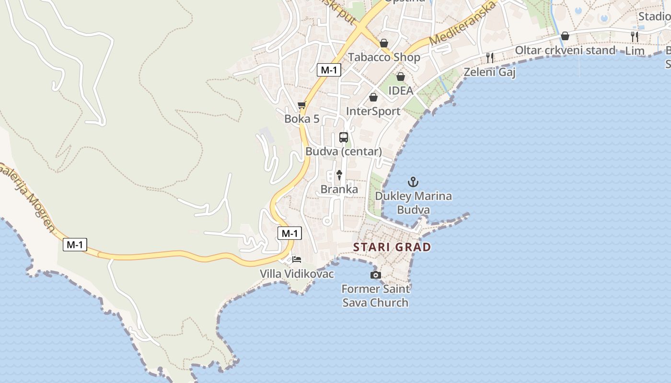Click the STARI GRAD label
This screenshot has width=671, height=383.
point(392,247)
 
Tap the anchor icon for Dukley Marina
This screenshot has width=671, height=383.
point(413,182)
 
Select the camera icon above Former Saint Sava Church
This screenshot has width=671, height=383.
point(376,275)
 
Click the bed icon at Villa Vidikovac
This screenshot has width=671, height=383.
point(297,259)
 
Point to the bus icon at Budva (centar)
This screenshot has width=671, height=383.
point(344,137)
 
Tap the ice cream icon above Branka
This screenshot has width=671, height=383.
point(339,175)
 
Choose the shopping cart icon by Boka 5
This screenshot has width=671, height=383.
point(301,105)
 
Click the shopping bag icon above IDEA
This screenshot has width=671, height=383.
point(400,77)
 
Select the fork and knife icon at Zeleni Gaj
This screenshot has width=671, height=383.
point(490,58)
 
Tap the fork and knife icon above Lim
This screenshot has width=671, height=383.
point(635,36)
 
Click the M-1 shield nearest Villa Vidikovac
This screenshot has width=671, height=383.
point(289,233)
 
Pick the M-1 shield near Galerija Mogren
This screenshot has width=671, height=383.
point(75,245)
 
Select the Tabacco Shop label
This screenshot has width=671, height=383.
point(384,57)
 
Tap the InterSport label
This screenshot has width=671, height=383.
point(373,111)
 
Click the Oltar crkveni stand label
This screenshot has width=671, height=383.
point(565,50)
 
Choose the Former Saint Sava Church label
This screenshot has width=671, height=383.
point(376,295)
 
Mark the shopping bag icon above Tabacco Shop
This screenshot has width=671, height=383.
point(383,43)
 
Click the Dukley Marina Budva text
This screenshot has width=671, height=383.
point(413,203)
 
